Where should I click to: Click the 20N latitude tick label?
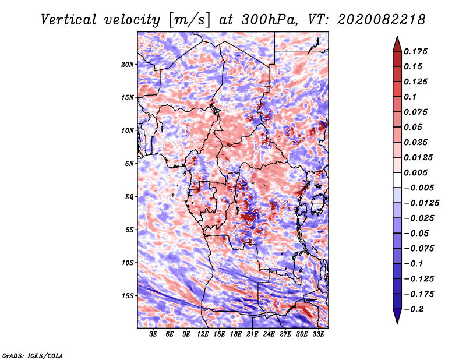pyautogui.click(x=128, y=64)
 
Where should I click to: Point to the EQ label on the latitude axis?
pyautogui.click(x=129, y=197)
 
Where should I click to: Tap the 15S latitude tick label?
pyautogui.click(x=128, y=296)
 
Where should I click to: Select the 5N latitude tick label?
pyautogui.click(x=129, y=164)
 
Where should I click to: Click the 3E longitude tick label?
pyautogui.click(x=154, y=334)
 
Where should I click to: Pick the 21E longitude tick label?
pyautogui.click(x=252, y=334)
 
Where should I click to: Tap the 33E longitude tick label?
pyautogui.click(x=318, y=334)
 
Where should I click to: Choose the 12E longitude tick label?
pyautogui.click(x=203, y=334)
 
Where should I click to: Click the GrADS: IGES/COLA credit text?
pyautogui.click(x=32, y=355)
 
